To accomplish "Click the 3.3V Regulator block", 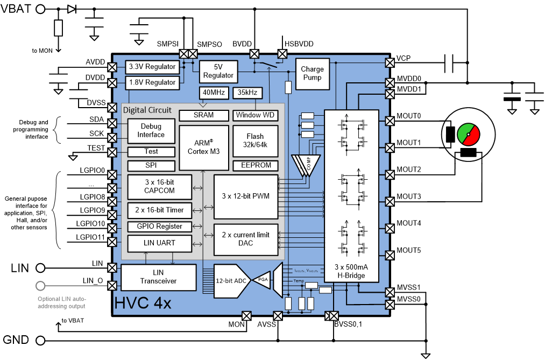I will (152, 67).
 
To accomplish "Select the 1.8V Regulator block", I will (152, 82).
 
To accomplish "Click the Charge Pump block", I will (312, 74).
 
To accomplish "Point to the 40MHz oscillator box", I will (214, 93).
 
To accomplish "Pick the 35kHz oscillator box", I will (247, 93).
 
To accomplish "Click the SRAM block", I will (203, 115).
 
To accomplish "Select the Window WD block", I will (255, 115).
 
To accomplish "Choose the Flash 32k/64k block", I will (255, 141).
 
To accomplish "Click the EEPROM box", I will (255, 165).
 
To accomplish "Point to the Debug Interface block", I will (151, 131).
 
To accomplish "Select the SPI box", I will (151, 166).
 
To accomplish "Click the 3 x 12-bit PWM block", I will (245, 196).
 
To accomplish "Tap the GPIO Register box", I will (159, 227).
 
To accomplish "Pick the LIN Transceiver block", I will (158, 277).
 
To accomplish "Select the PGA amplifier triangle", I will (263, 280).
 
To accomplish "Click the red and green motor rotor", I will (468, 134).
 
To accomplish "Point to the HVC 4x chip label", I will (143, 303).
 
